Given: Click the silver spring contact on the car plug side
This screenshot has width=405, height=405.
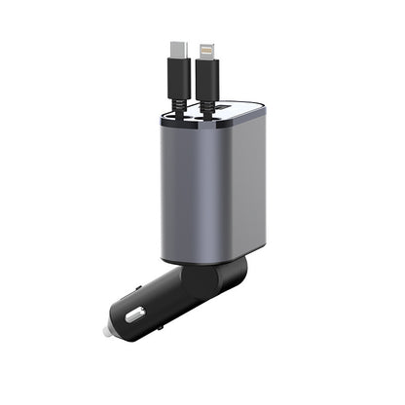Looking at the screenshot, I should (134, 314).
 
